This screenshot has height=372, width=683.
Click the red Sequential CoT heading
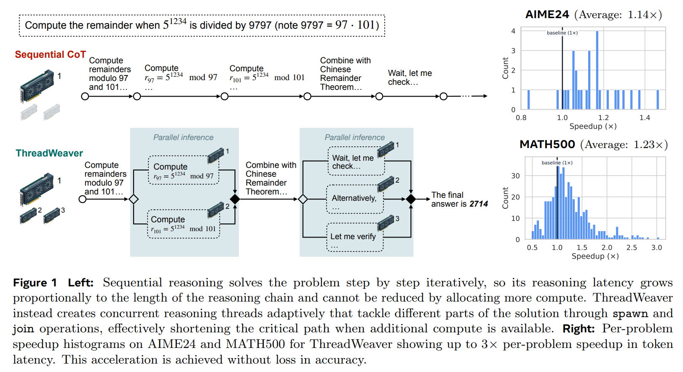(50, 54)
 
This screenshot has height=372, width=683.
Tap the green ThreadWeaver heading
(49, 153)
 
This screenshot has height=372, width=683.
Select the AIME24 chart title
(547, 15)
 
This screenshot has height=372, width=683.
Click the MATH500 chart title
(547, 145)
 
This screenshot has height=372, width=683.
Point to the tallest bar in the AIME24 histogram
(597, 70)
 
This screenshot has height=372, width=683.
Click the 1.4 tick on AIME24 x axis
(645, 118)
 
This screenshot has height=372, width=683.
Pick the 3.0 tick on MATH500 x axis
(656, 248)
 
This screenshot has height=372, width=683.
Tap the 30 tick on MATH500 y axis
(515, 175)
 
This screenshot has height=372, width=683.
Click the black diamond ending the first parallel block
(235, 199)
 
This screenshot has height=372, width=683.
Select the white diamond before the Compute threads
(134, 199)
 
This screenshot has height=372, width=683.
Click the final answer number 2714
(479, 204)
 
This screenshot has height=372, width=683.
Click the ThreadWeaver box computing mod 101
(184, 224)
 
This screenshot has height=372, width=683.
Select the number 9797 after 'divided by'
(260, 25)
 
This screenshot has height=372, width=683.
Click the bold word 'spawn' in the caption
(630, 313)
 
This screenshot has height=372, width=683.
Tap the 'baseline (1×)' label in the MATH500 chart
(557, 163)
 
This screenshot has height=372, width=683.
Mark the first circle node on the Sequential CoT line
(85, 97)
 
